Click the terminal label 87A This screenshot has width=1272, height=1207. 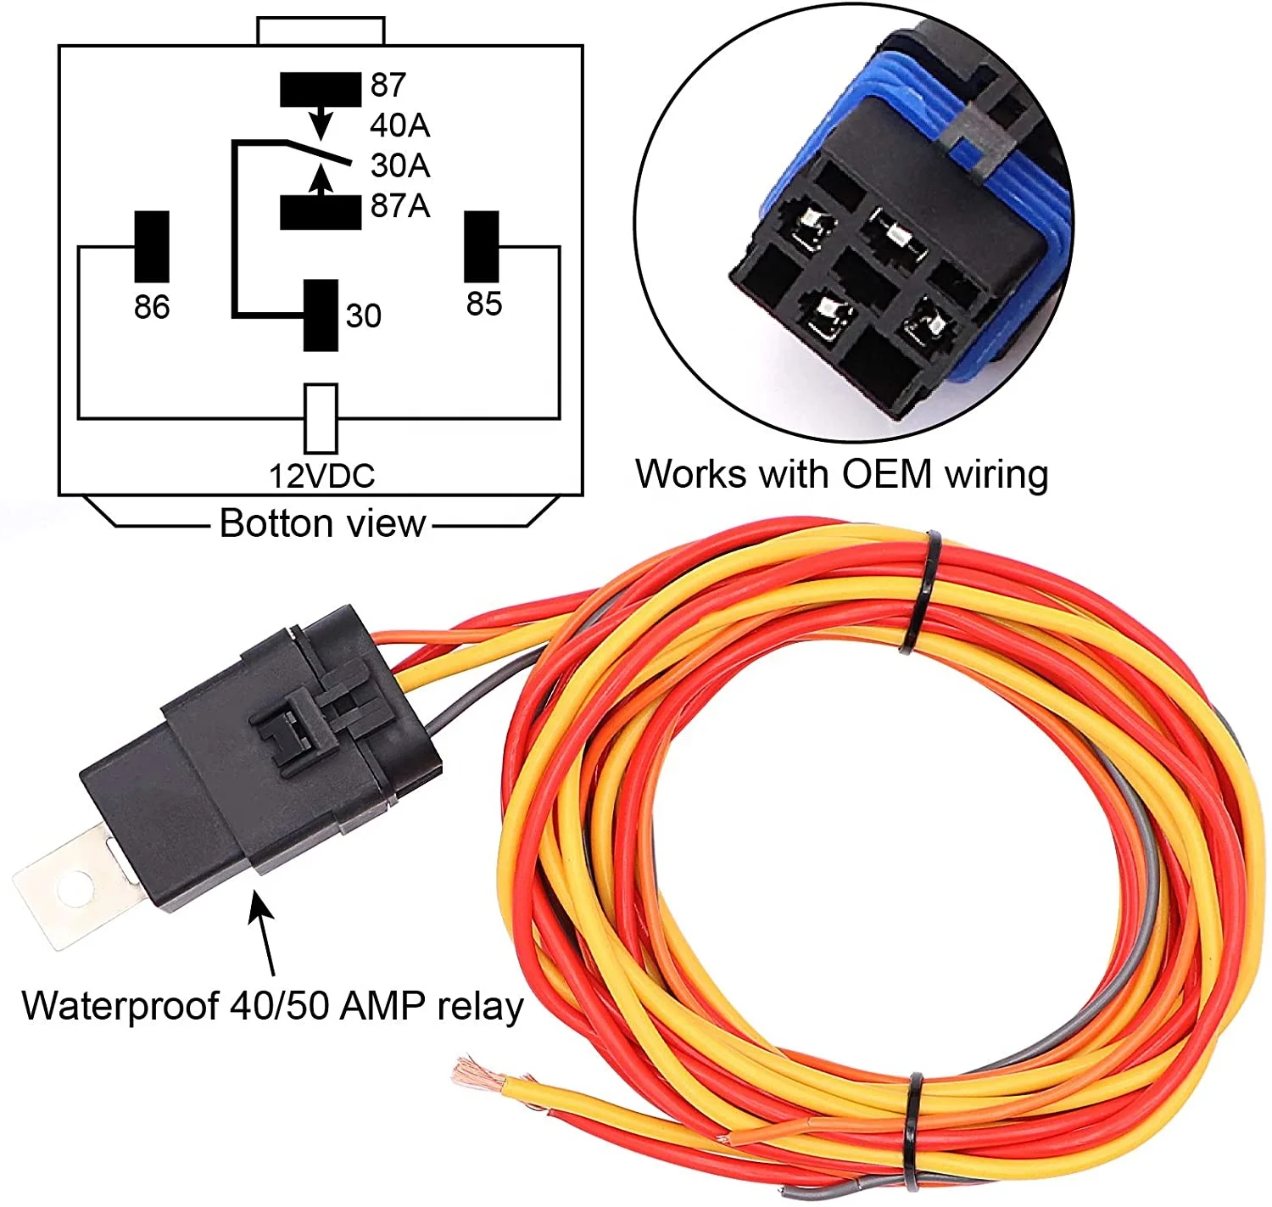click(399, 206)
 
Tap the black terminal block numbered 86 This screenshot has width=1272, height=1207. click(152, 247)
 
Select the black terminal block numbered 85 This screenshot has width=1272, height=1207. click(482, 247)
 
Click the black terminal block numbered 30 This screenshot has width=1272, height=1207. click(321, 316)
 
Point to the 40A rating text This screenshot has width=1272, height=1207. click(399, 126)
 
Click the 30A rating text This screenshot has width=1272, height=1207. click(399, 165)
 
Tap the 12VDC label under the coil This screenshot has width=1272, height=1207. click(321, 476)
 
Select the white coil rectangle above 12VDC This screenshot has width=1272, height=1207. click(321, 418)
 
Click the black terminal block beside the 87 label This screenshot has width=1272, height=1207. click(321, 89)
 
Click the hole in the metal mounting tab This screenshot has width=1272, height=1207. click(74, 889)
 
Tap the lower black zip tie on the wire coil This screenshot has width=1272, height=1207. click(913, 1132)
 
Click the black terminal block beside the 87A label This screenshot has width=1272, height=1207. click(321, 212)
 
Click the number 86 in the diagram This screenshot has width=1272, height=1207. click(152, 307)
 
